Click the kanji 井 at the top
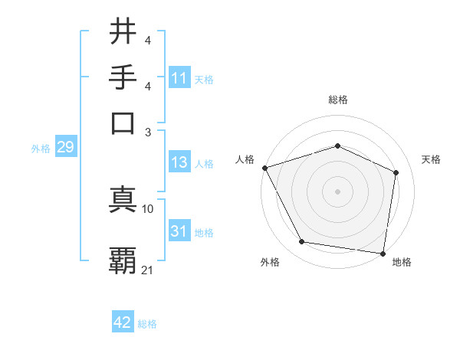(123, 32)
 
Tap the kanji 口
(123, 123)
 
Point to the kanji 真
(123, 200)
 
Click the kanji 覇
(123, 261)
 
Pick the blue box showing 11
(179, 78)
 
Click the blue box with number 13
(179, 162)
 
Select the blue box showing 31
(179, 231)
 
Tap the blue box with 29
(65, 147)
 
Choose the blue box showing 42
(123, 322)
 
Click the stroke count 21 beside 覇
(148, 270)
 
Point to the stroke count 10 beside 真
(148, 208)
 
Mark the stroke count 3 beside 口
(148, 132)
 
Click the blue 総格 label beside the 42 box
(147, 324)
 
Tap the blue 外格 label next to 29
(41, 149)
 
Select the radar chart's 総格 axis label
(338, 100)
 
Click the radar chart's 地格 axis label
(402, 263)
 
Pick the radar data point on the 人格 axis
(264, 168)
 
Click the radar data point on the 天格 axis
(396, 172)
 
